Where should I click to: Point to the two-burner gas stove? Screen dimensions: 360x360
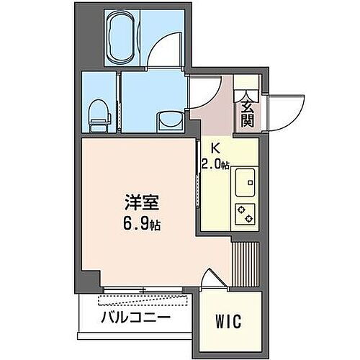coord(246,212)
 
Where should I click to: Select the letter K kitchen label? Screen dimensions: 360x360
coord(214,149)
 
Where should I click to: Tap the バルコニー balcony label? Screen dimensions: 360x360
coord(135,317)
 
